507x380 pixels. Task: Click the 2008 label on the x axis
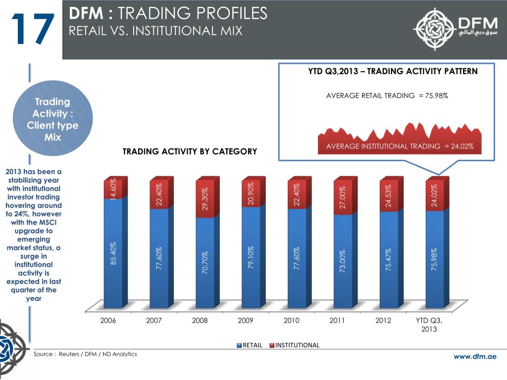click(x=200, y=321)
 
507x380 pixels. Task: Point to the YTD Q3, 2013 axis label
click(x=429, y=325)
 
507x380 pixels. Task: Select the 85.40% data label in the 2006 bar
click(x=113, y=253)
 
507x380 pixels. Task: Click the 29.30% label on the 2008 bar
click(x=205, y=198)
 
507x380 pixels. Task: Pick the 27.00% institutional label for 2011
click(x=343, y=197)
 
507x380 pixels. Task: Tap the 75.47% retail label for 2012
click(x=389, y=260)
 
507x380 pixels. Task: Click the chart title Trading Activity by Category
click(x=190, y=151)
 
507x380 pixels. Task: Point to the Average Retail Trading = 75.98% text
click(x=387, y=95)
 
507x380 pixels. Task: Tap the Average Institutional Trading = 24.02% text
click(x=400, y=146)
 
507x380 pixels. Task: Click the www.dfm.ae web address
click(x=475, y=357)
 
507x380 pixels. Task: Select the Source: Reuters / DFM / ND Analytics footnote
click(x=85, y=354)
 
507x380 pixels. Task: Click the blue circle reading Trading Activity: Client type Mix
click(x=52, y=119)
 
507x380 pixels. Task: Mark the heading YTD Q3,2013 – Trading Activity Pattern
click(x=393, y=71)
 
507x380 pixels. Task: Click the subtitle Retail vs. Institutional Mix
click(x=156, y=31)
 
